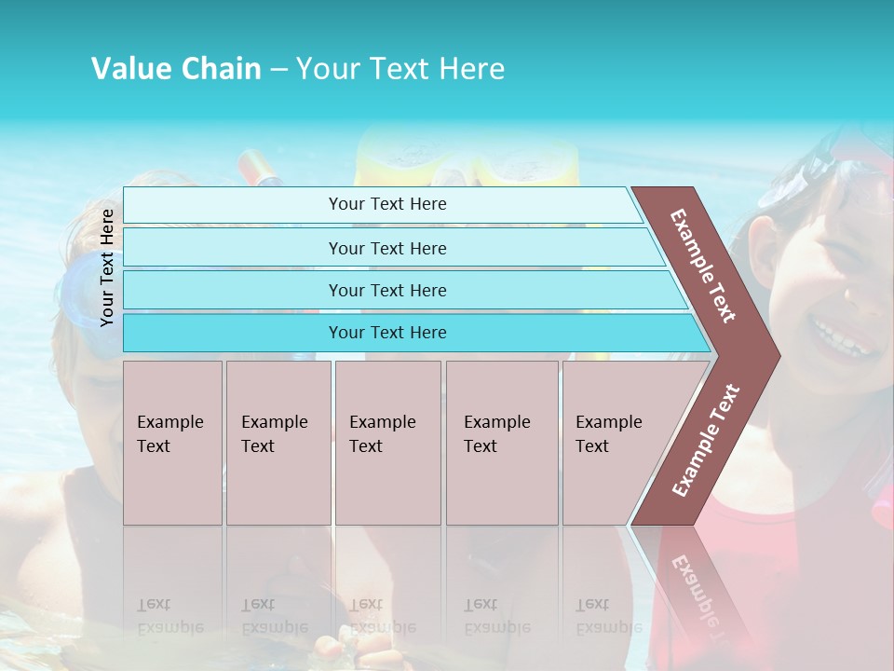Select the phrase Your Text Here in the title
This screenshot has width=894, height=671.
point(400,69)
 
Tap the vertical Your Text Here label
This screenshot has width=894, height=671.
point(108,267)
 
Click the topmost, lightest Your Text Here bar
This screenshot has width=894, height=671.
point(386,204)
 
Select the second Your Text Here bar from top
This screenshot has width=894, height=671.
point(386,248)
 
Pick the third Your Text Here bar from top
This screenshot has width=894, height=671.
point(386,290)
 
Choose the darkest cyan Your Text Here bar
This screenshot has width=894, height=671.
point(386,333)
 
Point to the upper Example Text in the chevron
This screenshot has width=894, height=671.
point(703,266)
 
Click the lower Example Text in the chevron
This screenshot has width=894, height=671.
point(706,440)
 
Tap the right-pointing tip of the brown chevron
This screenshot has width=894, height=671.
point(775,356)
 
